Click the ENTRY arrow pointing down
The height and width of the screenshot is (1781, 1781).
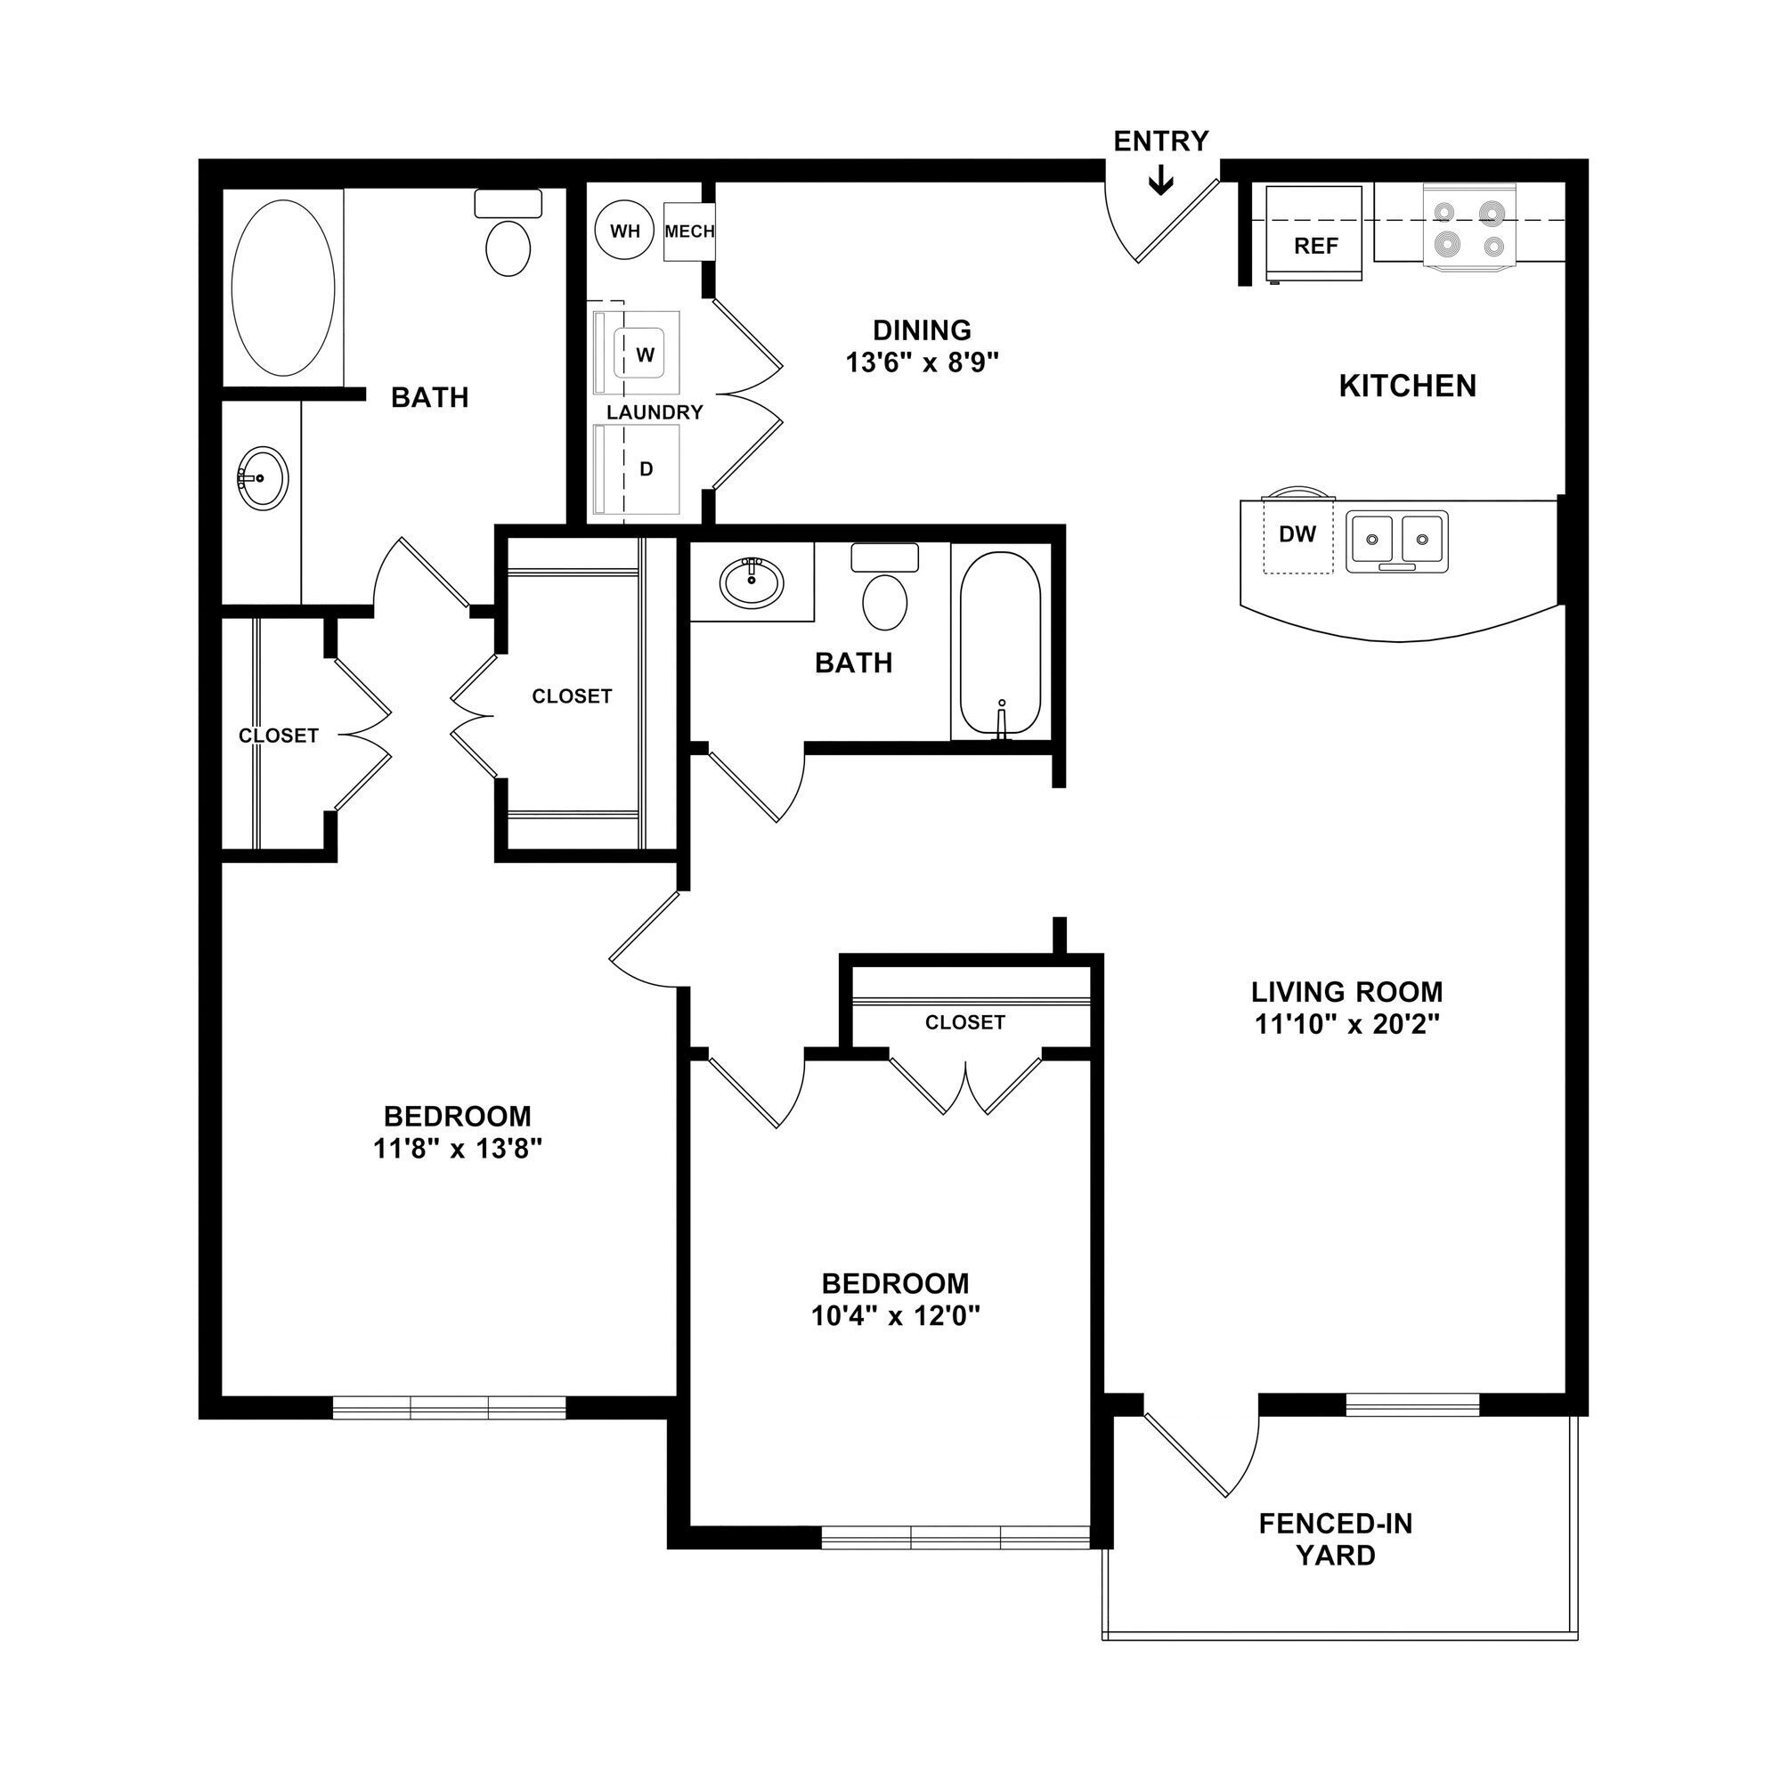point(1160,180)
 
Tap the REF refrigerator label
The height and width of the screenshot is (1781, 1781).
point(1315,246)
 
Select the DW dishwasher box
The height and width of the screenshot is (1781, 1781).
point(1297,534)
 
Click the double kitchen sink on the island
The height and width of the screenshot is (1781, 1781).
point(1396,541)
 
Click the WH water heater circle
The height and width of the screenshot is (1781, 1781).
point(625,231)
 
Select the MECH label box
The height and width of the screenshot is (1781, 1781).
point(689,232)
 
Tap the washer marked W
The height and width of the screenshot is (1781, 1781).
point(646,355)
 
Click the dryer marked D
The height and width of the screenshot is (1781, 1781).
point(646,469)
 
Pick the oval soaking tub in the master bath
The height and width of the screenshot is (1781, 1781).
point(283,289)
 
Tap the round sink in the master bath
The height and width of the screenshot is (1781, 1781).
point(263,478)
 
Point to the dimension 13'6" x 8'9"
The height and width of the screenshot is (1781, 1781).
point(922,362)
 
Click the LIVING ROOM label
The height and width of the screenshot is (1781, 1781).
point(1346,992)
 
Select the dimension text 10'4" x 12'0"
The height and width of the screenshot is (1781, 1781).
point(894,1316)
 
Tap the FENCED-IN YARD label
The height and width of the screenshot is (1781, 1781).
point(1335,1540)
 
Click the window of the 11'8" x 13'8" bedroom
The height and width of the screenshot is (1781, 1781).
point(449,1408)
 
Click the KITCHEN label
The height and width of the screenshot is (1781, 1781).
point(1407,386)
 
